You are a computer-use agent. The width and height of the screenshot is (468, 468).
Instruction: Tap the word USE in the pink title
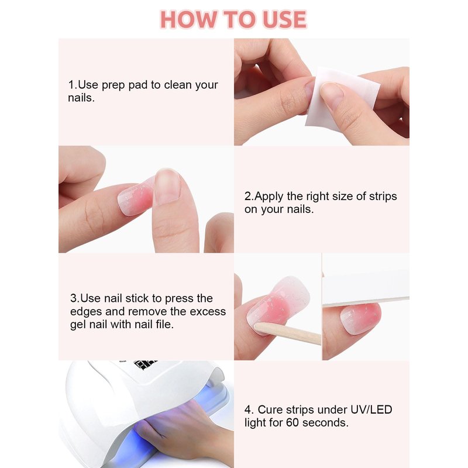(x=285, y=20)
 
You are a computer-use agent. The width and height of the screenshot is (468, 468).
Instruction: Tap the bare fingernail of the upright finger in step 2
(x=167, y=187)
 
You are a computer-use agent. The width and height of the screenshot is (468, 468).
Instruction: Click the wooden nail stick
(x=287, y=333)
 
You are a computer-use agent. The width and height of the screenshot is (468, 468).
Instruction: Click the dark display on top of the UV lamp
(x=146, y=364)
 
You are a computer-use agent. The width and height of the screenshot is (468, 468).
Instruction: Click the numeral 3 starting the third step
(x=74, y=298)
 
